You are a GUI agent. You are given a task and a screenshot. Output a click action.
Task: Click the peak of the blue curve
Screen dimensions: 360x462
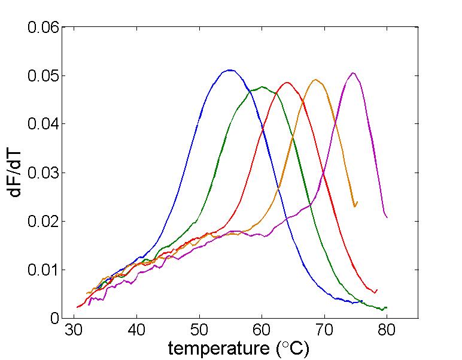point(229,70)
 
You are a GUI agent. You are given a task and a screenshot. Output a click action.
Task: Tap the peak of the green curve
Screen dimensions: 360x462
point(262,87)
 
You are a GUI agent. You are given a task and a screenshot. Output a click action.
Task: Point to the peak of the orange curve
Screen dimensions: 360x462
point(316,79)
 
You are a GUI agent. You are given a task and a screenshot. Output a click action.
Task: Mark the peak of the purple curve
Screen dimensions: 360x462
point(353,73)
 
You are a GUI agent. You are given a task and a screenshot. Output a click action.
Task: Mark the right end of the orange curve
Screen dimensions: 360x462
point(357,204)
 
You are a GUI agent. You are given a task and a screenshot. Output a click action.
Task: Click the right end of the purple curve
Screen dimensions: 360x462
point(387,217)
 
